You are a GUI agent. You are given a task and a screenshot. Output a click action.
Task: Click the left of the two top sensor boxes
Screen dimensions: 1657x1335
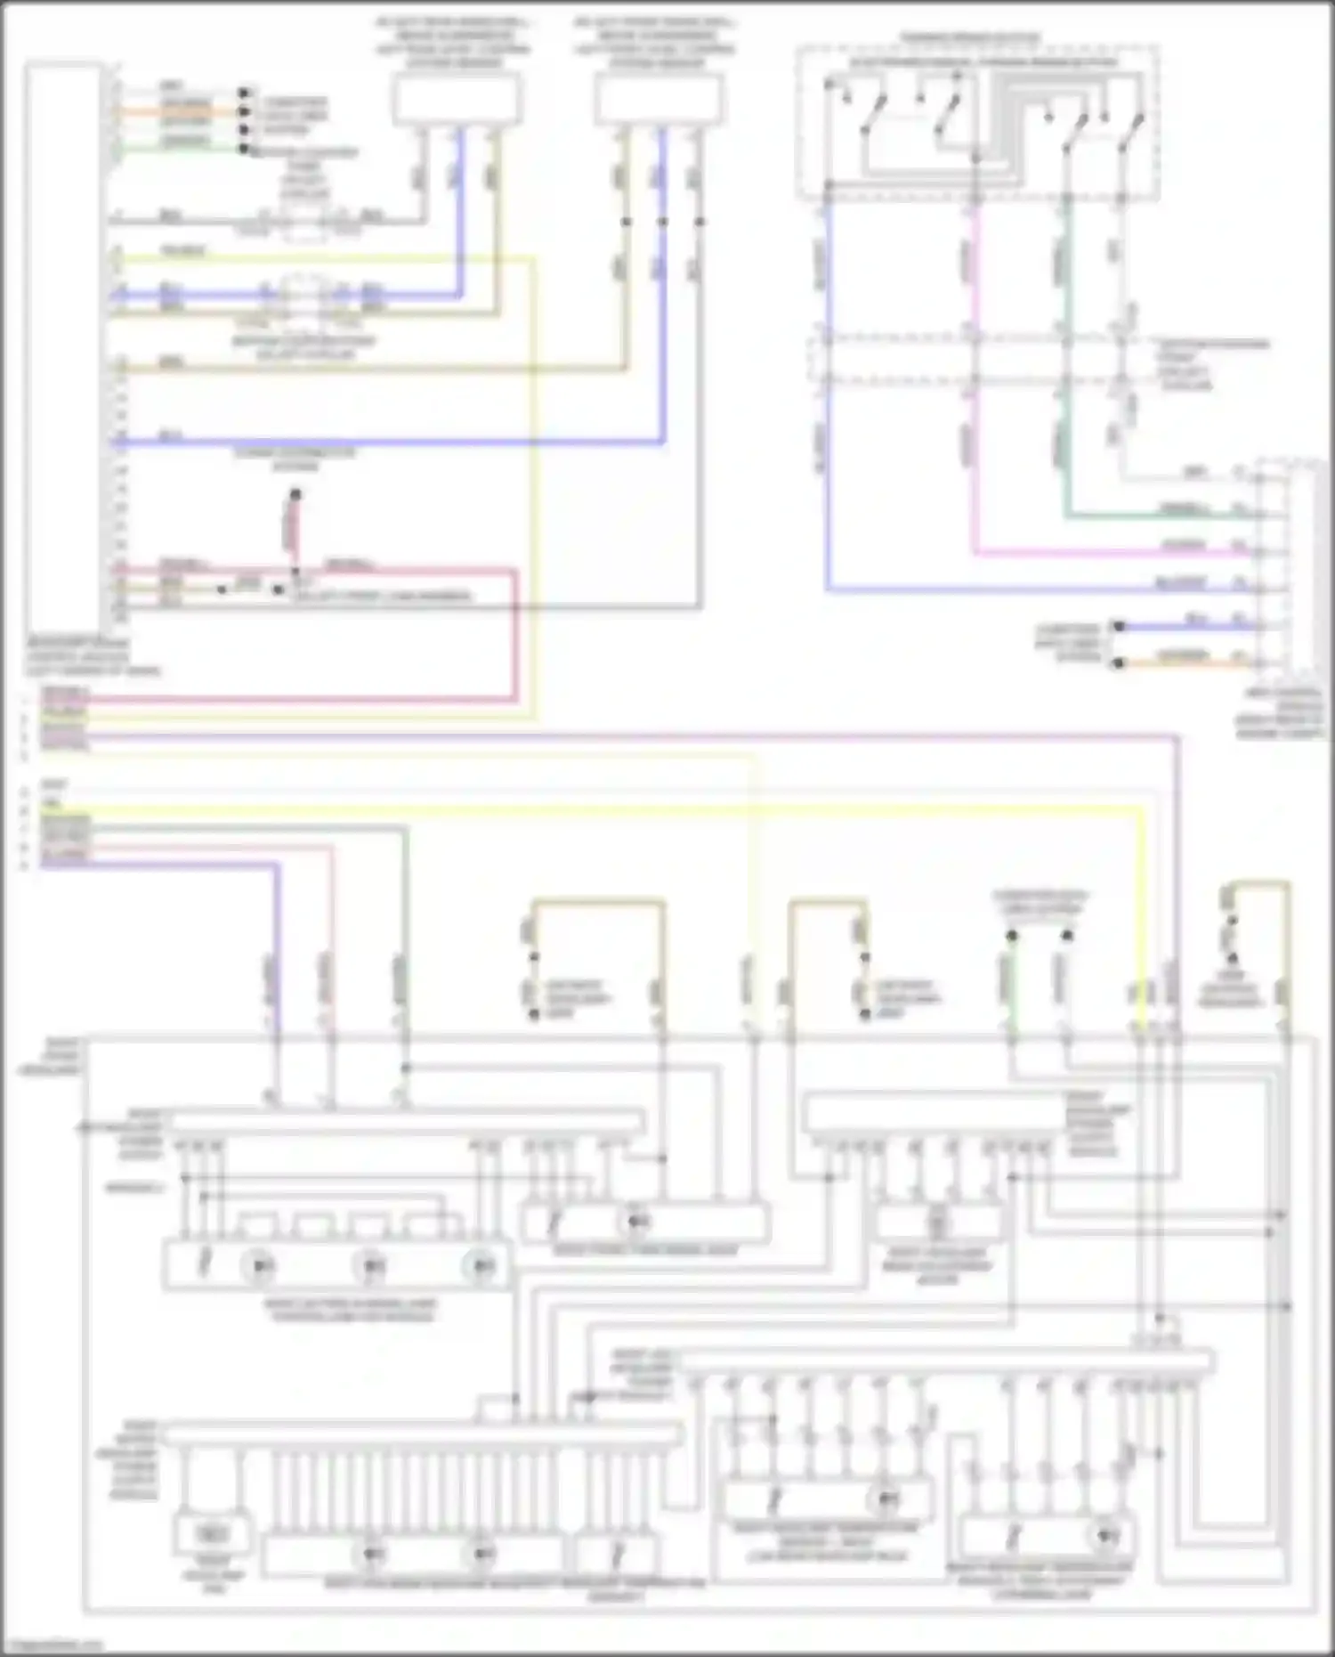click(457, 100)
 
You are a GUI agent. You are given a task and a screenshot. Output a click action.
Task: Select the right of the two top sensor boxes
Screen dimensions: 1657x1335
click(658, 100)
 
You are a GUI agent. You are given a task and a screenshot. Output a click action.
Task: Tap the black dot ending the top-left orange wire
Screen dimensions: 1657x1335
click(244, 111)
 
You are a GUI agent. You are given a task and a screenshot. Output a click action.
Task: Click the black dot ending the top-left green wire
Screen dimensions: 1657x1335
click(244, 148)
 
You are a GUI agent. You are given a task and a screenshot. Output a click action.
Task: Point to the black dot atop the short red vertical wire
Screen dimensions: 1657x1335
click(295, 494)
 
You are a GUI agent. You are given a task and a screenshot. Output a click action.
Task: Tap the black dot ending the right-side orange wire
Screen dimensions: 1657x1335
click(1120, 662)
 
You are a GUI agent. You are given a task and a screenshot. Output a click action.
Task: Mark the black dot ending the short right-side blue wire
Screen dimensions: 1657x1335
click(1120, 626)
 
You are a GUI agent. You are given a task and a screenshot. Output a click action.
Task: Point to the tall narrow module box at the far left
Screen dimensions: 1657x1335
click(63, 347)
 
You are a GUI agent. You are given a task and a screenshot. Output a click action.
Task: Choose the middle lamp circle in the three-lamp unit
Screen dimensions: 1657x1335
click(372, 1265)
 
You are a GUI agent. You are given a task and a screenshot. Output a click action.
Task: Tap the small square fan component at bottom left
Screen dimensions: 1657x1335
click(212, 1532)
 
